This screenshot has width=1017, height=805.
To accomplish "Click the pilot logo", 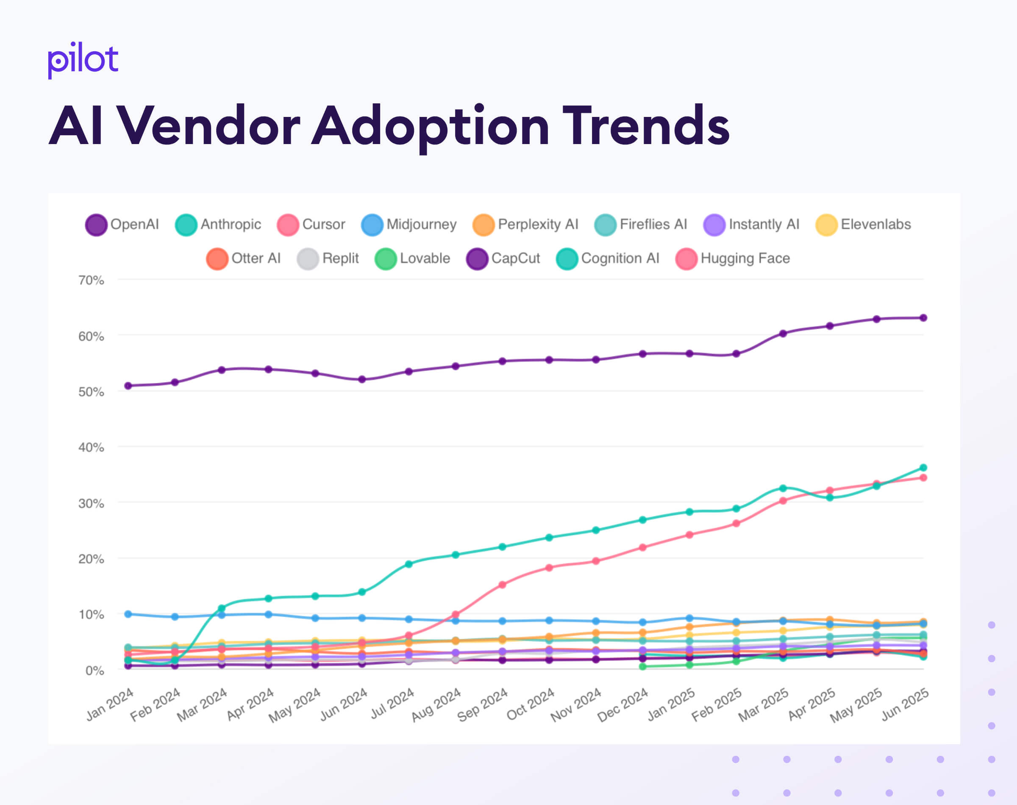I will point(83,60).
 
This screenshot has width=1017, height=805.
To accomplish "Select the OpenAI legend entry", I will point(122,225).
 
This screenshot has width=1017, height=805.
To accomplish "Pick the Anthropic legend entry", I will point(218,225).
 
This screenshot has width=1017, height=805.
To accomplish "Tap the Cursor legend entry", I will point(311,225).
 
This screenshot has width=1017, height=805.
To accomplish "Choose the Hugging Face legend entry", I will point(733,258).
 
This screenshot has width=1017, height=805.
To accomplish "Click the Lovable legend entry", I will point(412,258).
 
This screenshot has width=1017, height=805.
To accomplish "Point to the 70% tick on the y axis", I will point(91,280).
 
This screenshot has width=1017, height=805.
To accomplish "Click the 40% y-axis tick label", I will point(91,447).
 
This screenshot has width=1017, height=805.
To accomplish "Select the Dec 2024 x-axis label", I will point(622,705).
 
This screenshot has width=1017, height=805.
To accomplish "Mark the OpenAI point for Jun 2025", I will point(923,318).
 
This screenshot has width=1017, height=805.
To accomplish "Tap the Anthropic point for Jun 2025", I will point(923,468).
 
